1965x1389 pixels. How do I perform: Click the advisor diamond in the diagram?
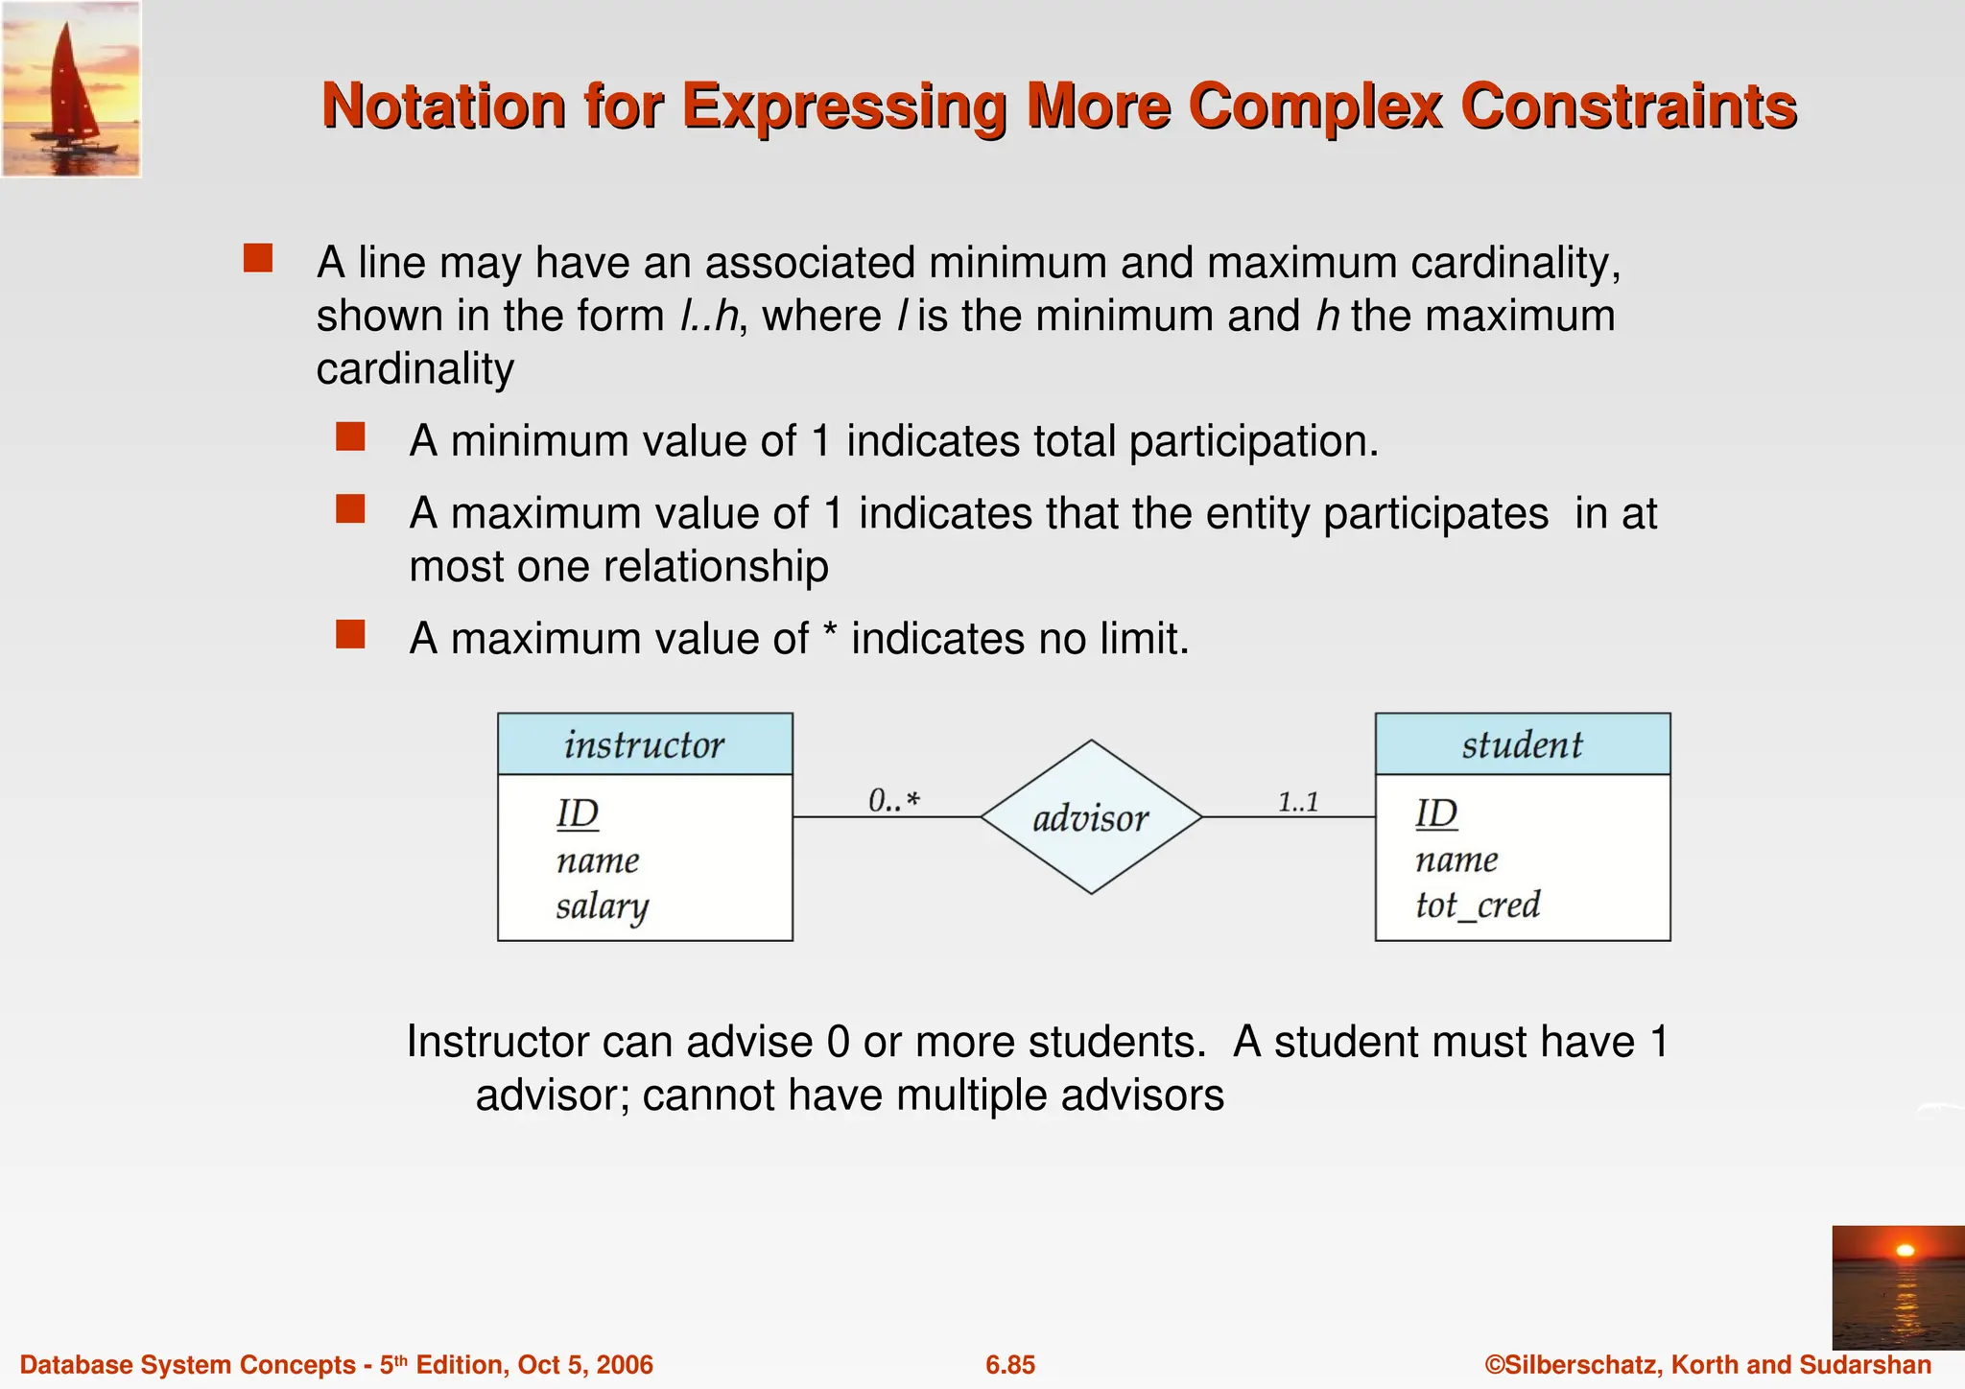(x=1091, y=817)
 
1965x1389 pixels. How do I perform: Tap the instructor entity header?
(x=645, y=744)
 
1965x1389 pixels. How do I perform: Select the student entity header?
(x=1522, y=744)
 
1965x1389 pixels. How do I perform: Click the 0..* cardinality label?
(x=893, y=800)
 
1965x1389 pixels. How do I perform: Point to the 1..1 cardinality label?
(x=1298, y=801)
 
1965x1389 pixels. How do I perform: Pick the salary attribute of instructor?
(x=603, y=906)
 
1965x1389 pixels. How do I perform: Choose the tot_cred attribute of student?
(x=1478, y=905)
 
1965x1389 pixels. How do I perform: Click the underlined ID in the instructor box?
(x=578, y=814)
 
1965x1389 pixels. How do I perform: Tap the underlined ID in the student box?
(x=1436, y=814)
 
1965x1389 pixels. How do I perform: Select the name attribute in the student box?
(x=1456, y=859)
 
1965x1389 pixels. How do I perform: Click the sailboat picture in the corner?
(x=71, y=88)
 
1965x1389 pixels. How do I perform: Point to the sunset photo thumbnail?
(x=1898, y=1285)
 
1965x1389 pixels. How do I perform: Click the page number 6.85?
(x=1010, y=1365)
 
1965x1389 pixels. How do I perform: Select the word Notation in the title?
(x=443, y=106)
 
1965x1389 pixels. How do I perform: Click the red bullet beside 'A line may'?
(x=258, y=259)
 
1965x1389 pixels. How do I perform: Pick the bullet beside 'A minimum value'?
(x=350, y=437)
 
